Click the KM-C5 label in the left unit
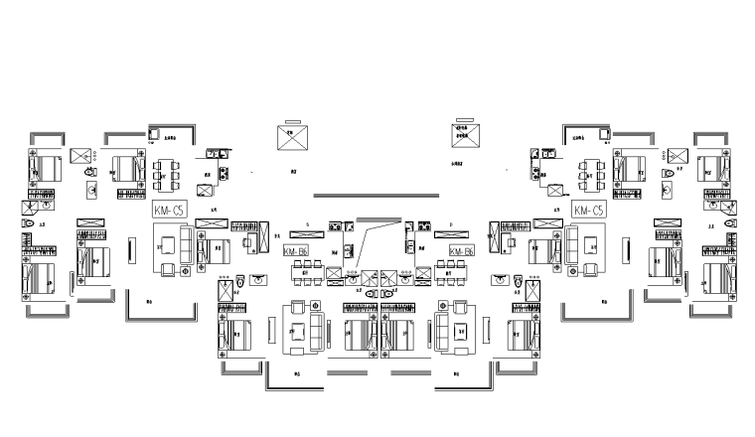[170, 211]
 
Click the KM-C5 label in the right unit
[588, 211]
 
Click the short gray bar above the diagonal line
[377, 220]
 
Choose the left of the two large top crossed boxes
[293, 138]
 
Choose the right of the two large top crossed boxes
[465, 138]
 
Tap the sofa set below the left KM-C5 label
[176, 247]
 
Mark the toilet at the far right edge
[731, 227]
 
